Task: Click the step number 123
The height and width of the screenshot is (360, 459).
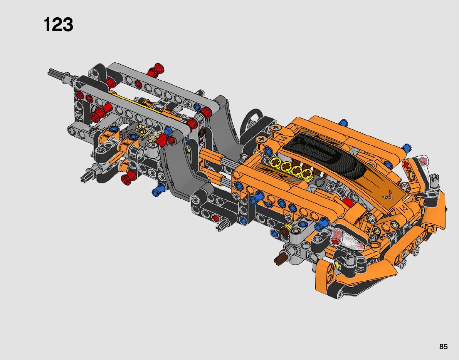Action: click(x=58, y=25)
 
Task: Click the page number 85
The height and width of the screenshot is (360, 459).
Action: click(x=443, y=347)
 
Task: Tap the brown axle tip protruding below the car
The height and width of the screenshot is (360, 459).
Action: click(x=279, y=259)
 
